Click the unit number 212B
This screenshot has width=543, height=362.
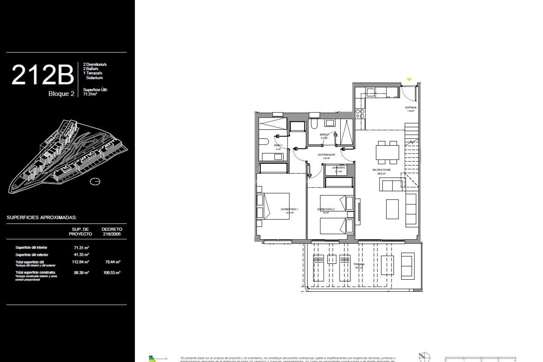(x=42, y=75)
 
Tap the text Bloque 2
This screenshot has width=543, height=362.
(x=61, y=94)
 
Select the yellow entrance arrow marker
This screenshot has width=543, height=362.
(x=409, y=79)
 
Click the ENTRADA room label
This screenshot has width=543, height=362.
(x=411, y=108)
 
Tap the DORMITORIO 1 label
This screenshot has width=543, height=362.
(x=289, y=209)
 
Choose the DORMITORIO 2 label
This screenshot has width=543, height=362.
(x=326, y=210)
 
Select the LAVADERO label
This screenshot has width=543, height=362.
(x=339, y=168)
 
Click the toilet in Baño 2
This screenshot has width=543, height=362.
(x=313, y=124)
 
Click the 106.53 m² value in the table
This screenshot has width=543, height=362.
(x=112, y=273)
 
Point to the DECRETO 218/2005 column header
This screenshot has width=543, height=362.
(x=112, y=232)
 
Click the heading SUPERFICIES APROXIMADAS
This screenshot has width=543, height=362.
(x=42, y=217)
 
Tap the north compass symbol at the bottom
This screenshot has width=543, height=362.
(x=424, y=357)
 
